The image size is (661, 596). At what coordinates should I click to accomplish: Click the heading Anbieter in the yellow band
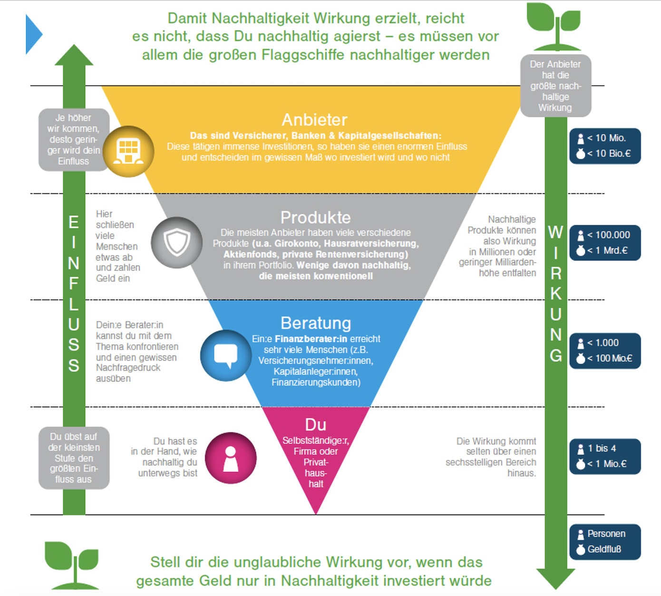coord(314,120)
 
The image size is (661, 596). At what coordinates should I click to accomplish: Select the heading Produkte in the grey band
coord(315,217)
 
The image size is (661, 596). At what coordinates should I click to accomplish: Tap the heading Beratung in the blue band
coord(316,323)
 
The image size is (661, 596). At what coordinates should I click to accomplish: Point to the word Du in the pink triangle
coord(315,424)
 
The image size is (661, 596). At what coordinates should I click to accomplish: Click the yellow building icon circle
coord(128,151)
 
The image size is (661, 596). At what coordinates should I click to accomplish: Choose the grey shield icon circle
coord(176,242)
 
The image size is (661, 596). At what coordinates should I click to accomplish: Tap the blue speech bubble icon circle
coord(226,356)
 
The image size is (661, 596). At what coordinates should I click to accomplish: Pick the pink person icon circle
coord(231,458)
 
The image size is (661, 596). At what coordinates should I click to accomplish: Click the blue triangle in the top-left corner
coord(33,34)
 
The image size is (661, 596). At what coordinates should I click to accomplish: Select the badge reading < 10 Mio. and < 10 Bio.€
coord(605,146)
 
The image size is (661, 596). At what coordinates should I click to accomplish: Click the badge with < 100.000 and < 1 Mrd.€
coord(605,242)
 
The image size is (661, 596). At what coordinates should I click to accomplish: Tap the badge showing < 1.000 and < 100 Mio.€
coord(605,351)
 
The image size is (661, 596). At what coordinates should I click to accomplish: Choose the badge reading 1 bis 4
coord(605,456)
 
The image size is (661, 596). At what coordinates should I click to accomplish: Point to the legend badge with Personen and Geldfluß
coord(605,541)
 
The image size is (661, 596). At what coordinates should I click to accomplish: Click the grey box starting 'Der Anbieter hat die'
coord(555,86)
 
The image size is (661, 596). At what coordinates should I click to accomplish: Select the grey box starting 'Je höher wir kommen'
coord(73,140)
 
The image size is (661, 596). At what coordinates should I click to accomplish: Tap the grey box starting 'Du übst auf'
coord(74,458)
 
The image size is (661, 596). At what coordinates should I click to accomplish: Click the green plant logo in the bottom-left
coord(72,564)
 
